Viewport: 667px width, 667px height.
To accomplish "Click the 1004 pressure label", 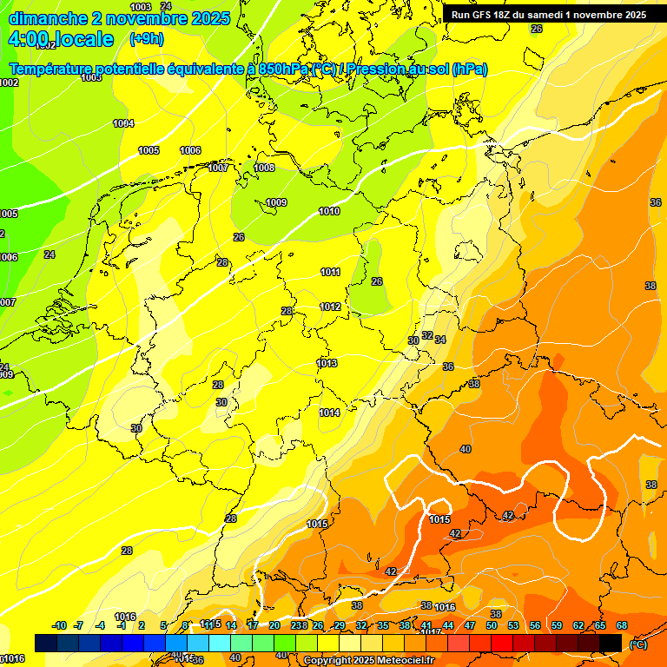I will pos(123,123).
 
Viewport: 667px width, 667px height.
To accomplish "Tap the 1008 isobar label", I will pos(264,168).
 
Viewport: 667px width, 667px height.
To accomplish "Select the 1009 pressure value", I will pos(276,202).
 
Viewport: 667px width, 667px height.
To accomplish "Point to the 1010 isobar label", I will pos(329,211).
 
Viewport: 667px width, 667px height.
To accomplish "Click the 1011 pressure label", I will pos(330,272).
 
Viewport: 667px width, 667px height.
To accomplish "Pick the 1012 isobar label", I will pos(330,307).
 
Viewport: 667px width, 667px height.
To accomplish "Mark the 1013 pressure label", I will pos(327,363).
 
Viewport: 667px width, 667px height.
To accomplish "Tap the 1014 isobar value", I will pos(329,413).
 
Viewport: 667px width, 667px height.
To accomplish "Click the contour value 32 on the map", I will pos(427,335).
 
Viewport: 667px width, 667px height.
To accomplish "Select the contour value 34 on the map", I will pos(440,340).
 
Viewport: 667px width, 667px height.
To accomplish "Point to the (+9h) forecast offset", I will pos(147,39).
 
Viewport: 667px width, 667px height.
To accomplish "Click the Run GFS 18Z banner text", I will pos(549,15).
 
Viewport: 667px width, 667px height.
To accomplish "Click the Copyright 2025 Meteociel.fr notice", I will pos(368,660).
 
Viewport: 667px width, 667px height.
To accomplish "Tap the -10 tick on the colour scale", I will pos(59,625).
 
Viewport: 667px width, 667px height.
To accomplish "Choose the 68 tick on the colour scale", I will pos(622,625).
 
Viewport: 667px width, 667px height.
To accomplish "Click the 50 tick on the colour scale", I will pos(492,625).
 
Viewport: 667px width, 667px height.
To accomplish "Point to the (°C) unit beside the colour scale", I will pos(637,644).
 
